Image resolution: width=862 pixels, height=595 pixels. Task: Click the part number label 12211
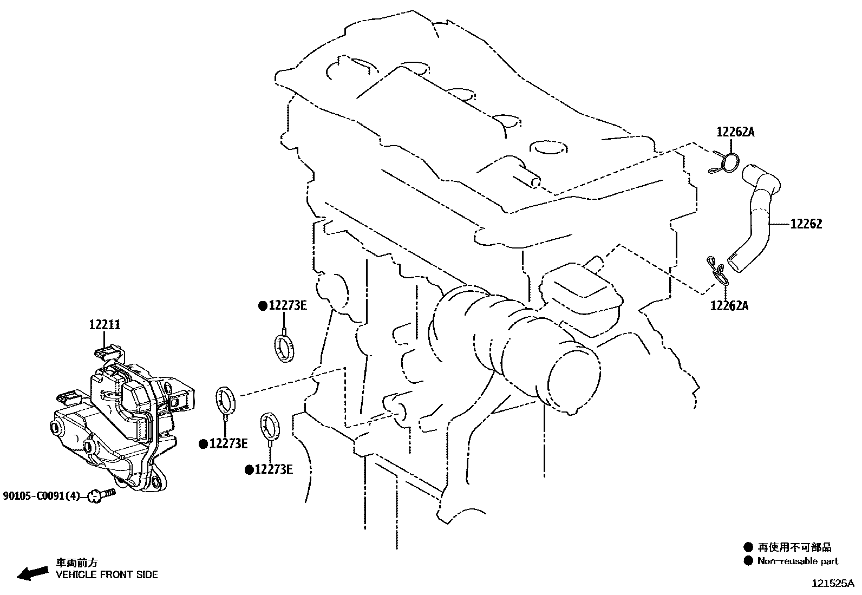coord(105,325)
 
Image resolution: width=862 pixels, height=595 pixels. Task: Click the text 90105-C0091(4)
coord(42,495)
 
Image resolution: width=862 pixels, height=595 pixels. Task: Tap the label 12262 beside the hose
coord(806,224)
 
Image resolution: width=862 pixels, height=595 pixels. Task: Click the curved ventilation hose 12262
coord(758,217)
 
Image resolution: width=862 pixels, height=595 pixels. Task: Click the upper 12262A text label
coord(735,132)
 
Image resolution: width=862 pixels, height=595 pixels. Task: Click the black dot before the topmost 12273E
coord(263,306)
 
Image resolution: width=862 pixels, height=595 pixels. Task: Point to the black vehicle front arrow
coord(32,573)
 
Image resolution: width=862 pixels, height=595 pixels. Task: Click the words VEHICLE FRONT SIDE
coord(107,574)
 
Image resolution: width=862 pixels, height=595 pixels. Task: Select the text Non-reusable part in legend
coord(797,561)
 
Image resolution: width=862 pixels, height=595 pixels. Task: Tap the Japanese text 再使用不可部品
coord(794,547)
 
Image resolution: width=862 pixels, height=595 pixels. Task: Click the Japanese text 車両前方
coord(79,563)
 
